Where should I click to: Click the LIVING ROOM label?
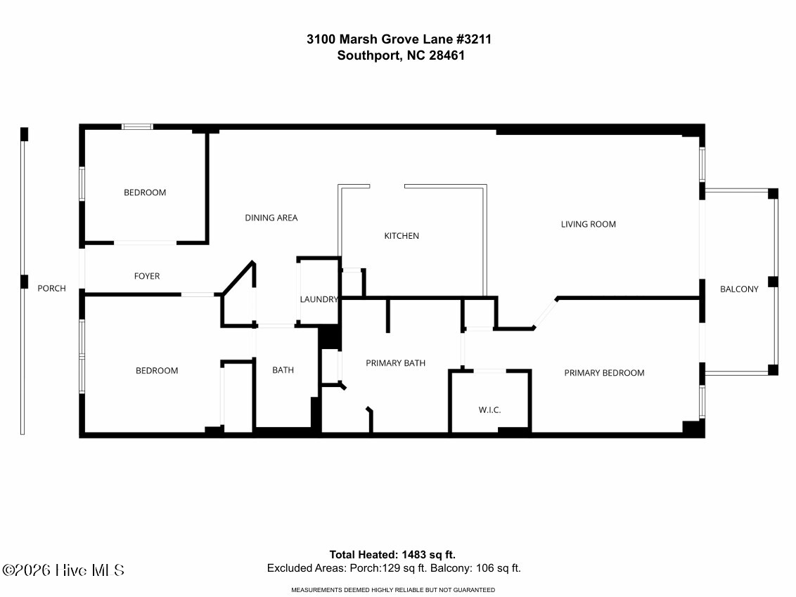pos(588,225)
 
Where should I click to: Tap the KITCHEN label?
pos(402,236)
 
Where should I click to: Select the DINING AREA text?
pos(271,218)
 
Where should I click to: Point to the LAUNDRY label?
pos(319,299)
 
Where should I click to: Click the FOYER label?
pos(147,276)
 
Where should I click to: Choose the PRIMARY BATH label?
pos(395,363)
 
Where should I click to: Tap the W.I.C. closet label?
pos(489,410)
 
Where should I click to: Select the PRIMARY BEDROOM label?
pos(604,373)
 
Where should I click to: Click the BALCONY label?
pos(739,289)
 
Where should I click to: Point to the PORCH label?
pos(51,288)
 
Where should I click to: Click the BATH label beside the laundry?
pos(283,370)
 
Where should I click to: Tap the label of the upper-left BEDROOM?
pos(145,192)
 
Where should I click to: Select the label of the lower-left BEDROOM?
pos(157,371)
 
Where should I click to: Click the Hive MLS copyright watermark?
pos(63,570)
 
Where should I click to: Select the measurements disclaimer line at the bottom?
pos(393,590)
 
